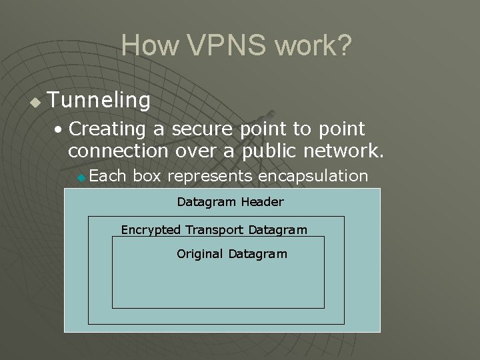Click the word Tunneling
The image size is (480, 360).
[x=99, y=101]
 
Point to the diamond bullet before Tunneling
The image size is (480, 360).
[x=35, y=103]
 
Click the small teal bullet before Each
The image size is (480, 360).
[x=81, y=177]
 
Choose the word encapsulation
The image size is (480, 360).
[x=313, y=176]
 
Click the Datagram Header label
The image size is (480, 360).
[x=230, y=202]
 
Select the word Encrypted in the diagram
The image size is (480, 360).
[x=151, y=230]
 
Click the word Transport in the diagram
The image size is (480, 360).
[x=214, y=230]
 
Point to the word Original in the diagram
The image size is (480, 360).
[x=200, y=254]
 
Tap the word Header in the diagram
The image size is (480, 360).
[x=262, y=202]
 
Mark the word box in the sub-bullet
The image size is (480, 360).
[x=147, y=176]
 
